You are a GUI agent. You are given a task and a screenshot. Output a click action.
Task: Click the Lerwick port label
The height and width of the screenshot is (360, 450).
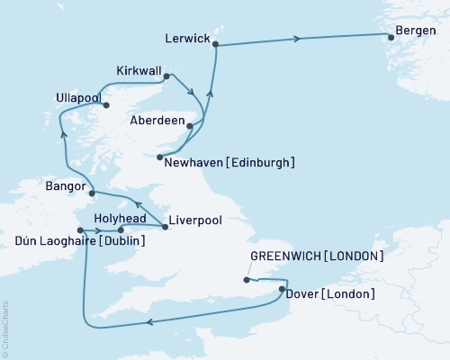point(188,39)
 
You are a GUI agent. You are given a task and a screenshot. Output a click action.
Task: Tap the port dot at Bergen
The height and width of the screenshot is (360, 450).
point(391,37)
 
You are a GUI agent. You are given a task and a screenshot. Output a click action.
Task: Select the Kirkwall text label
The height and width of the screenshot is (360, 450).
point(139,69)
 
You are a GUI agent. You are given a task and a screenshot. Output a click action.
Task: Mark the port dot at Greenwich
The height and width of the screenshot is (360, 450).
point(246,280)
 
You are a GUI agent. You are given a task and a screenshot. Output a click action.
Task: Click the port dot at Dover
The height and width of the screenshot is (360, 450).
point(283,290)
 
